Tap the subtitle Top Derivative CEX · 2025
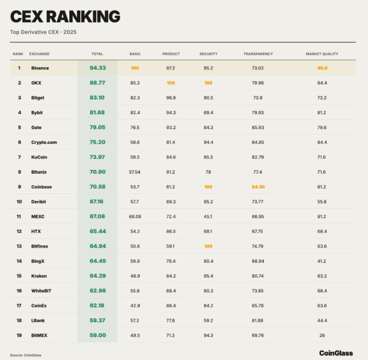43,32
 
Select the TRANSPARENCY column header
258,54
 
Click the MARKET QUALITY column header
322,54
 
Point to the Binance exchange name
40,68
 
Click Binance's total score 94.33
98,68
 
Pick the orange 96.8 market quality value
322,68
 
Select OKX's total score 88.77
98,83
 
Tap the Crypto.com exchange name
44,142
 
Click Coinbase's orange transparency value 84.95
258,187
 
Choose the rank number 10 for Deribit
19,202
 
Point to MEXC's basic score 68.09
135,216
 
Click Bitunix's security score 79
208,172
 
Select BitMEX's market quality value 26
322,335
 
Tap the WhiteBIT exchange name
42,291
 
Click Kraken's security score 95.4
208,276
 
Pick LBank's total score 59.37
98,320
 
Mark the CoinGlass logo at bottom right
336,353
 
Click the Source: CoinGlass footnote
26,355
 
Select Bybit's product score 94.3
171,113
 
